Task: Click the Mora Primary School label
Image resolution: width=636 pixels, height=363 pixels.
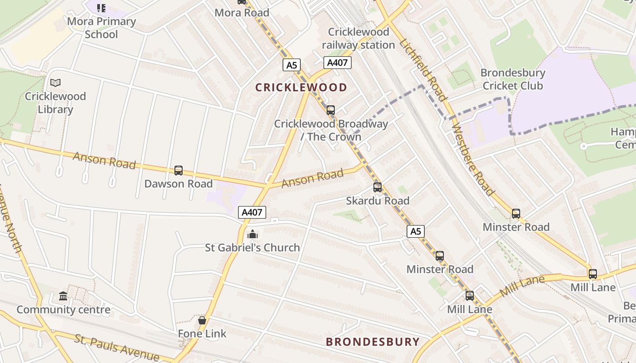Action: pyautogui.click(x=101, y=28)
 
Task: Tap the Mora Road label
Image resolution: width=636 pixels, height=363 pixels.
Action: pyautogui.click(x=242, y=13)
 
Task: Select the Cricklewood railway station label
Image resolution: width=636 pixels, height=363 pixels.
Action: pyautogui.click(x=358, y=38)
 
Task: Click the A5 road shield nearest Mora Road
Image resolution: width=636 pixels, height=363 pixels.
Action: pyautogui.click(x=291, y=65)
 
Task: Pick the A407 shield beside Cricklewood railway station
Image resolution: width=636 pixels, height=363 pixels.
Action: pyautogui.click(x=337, y=63)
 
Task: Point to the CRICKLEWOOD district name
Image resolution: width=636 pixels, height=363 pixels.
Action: pyautogui.click(x=301, y=88)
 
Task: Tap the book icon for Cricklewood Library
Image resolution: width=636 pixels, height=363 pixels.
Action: pyautogui.click(x=55, y=83)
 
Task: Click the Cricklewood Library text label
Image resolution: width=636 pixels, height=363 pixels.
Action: pyautogui.click(x=55, y=103)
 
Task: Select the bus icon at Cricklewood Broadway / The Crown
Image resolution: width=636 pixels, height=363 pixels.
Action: pyautogui.click(x=331, y=110)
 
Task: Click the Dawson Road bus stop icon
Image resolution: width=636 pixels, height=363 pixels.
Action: pyautogui.click(x=179, y=171)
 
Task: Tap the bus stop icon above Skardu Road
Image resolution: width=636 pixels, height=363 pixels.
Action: pyautogui.click(x=378, y=187)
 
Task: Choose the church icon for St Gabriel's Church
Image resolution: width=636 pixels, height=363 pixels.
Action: pyautogui.click(x=252, y=235)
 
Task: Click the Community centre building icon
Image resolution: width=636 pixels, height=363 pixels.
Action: pyautogui.click(x=63, y=296)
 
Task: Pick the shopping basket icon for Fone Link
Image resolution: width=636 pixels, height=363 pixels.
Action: pyautogui.click(x=202, y=320)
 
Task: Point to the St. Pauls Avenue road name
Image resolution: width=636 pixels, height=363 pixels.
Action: pyautogui.click(x=117, y=347)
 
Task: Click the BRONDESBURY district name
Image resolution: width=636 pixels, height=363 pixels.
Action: pyautogui.click(x=373, y=342)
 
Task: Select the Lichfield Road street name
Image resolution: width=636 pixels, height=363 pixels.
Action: pyautogui.click(x=423, y=69)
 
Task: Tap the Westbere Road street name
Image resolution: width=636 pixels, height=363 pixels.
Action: pyautogui.click(x=472, y=160)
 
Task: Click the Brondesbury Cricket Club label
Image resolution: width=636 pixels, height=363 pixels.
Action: pyautogui.click(x=512, y=79)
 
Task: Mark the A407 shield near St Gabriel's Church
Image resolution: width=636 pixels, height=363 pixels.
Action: pyautogui.click(x=252, y=212)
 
